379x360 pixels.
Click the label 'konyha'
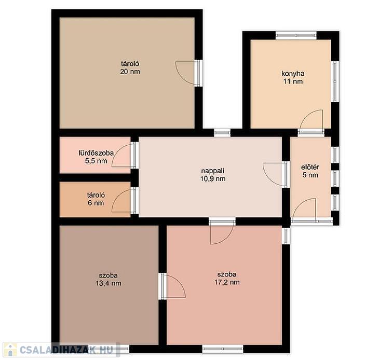point(293,74)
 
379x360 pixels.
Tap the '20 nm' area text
point(130,72)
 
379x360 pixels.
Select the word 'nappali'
point(213,171)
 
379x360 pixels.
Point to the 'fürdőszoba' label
point(96,153)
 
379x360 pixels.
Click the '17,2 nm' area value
point(227,282)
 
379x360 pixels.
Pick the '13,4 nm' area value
point(109,283)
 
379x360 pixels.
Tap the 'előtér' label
point(310,167)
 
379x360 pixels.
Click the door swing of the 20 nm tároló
point(186,73)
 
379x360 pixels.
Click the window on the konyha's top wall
point(296,35)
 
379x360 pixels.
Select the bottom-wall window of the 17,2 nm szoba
point(223,349)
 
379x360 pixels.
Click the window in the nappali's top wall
point(222,133)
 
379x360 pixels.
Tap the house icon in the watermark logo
point(10,350)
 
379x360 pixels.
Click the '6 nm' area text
point(96,203)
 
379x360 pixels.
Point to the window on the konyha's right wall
point(335,81)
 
